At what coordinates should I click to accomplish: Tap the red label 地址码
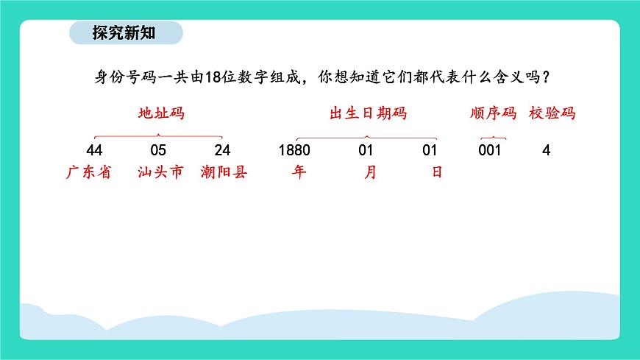(161, 114)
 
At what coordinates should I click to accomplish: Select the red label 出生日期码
(368, 114)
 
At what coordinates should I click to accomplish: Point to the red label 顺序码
(493, 114)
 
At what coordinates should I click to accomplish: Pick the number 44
(93, 150)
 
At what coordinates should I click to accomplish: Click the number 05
(158, 150)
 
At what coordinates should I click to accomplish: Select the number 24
(223, 150)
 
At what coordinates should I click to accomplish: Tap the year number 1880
(295, 150)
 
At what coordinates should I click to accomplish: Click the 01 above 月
(366, 150)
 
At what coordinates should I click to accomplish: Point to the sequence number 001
(489, 150)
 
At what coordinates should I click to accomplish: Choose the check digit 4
(546, 150)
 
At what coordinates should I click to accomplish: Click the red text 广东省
(88, 173)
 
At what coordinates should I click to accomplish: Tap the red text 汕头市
(159, 173)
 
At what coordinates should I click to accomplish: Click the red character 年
(298, 173)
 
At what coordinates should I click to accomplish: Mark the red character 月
(370, 173)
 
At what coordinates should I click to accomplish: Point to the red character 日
(437, 173)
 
